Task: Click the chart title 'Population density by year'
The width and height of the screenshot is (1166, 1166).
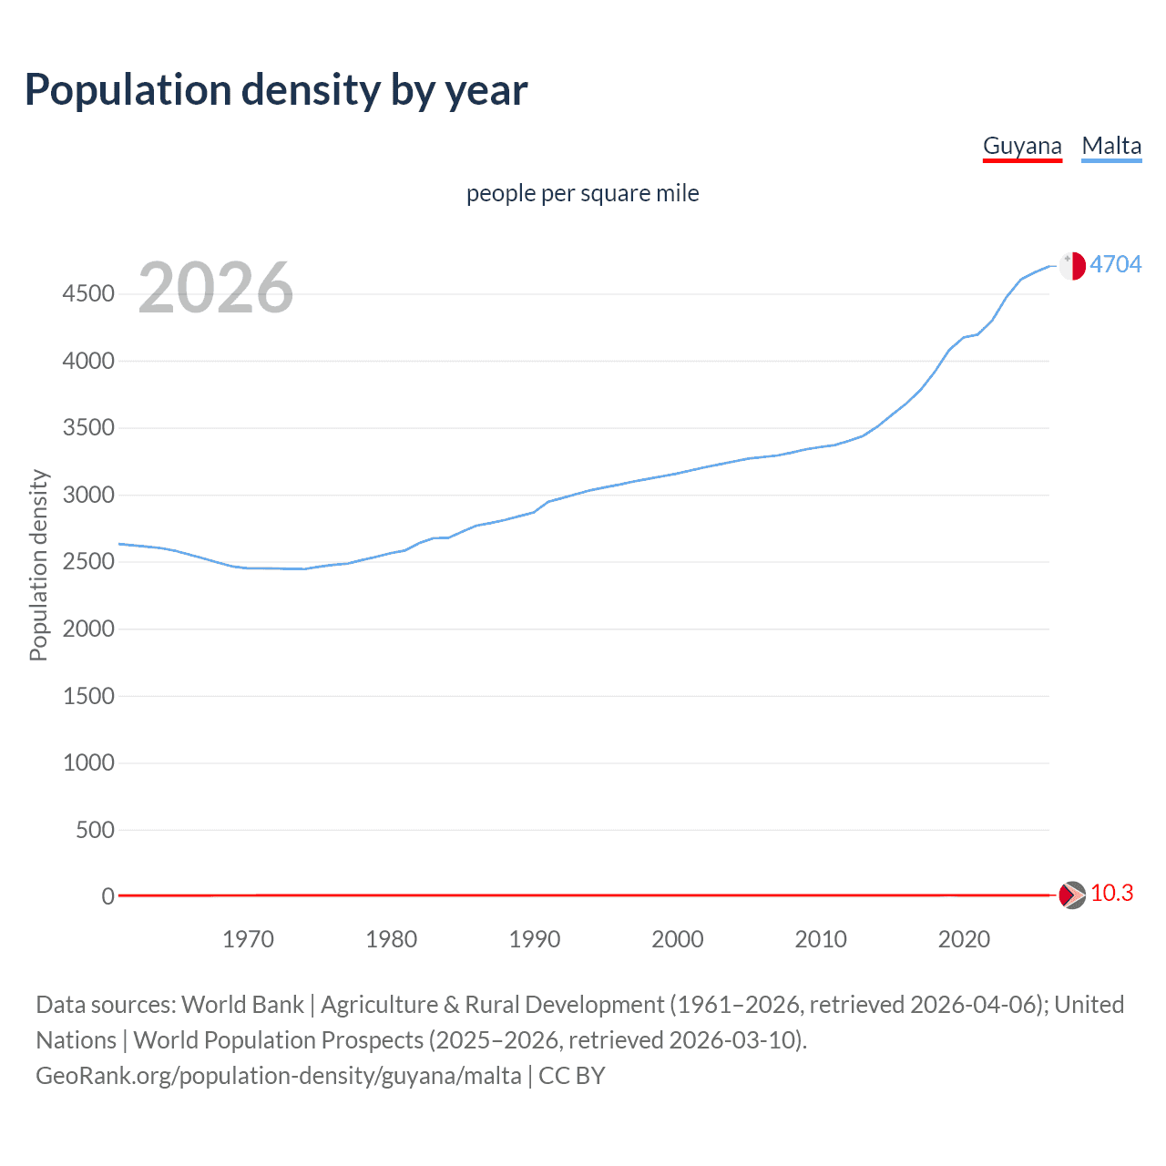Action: coord(276,90)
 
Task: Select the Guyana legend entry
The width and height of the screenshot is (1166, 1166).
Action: coord(1022,146)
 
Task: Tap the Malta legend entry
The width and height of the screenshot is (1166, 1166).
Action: coord(1111,146)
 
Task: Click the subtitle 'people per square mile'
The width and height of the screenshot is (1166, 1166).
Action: coord(582,193)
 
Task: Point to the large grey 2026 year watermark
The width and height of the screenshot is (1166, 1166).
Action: coord(216,288)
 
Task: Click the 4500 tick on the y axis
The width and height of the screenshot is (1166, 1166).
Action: coord(88,293)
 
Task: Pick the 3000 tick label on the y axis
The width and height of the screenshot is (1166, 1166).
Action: coord(88,495)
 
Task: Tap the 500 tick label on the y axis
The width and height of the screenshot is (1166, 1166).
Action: coord(95,830)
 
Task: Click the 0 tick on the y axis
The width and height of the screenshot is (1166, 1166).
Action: coord(107,896)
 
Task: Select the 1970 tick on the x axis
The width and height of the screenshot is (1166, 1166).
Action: coord(248,939)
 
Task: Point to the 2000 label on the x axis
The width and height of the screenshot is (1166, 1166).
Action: coord(677,939)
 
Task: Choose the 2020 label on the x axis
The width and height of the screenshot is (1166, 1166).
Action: coord(964,939)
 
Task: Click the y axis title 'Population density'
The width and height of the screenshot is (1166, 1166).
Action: coord(38,565)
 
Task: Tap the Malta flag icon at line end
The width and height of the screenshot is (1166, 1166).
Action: coord(1072,265)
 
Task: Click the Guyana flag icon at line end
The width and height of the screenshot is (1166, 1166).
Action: coord(1071,895)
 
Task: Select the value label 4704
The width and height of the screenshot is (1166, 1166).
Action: coord(1115,264)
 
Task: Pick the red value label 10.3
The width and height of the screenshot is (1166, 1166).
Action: coord(1111,894)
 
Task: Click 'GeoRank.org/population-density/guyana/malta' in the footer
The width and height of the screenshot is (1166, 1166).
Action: coord(279,1076)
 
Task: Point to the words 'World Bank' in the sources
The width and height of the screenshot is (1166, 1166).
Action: coord(242,1005)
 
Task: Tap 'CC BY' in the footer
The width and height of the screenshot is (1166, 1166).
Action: coord(572,1076)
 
